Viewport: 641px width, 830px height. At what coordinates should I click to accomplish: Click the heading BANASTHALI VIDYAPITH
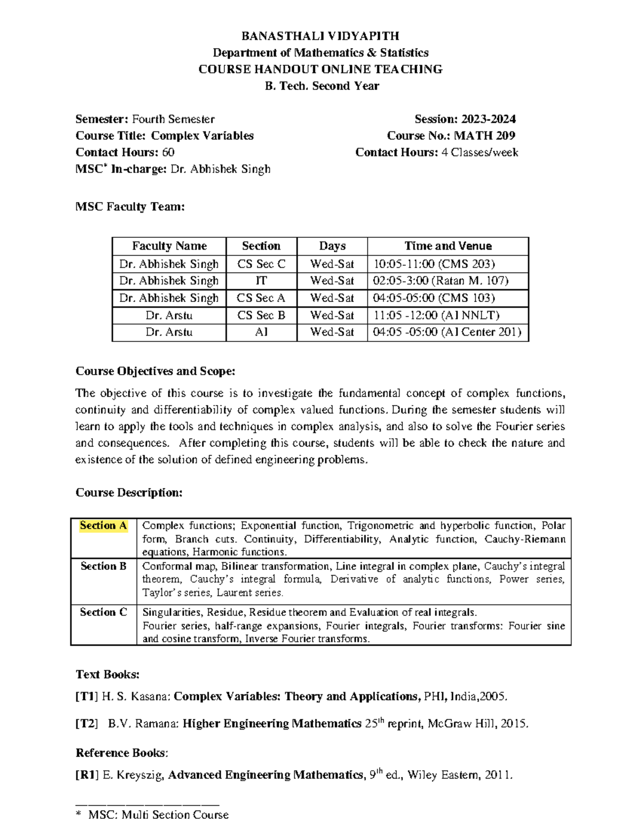point(320,36)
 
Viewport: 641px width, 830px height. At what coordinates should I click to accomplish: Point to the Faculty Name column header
point(169,246)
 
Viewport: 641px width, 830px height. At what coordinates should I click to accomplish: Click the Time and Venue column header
point(448,246)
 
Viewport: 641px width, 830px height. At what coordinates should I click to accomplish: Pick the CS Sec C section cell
point(261,264)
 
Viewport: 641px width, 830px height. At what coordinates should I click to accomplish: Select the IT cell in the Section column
point(261,281)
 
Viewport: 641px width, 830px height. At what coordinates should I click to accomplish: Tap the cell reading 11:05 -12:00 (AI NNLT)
point(436,315)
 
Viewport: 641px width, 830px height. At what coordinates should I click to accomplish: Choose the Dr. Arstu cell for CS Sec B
point(169,315)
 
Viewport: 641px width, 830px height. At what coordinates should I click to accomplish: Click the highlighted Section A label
point(103,526)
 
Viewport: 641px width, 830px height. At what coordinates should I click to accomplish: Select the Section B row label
point(103,566)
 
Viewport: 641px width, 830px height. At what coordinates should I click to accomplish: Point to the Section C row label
point(103,612)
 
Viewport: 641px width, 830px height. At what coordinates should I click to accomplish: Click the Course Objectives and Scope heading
point(155,371)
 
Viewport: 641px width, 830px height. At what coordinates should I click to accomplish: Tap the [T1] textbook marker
point(87,696)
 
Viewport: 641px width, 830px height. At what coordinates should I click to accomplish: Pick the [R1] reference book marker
point(87,775)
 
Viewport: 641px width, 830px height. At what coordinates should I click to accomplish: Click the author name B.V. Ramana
point(143,724)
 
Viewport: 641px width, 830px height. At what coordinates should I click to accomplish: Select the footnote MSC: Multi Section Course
point(158,815)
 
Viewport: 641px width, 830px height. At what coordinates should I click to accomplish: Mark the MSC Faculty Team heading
point(130,207)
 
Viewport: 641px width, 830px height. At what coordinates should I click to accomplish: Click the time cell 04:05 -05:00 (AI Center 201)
point(447,332)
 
